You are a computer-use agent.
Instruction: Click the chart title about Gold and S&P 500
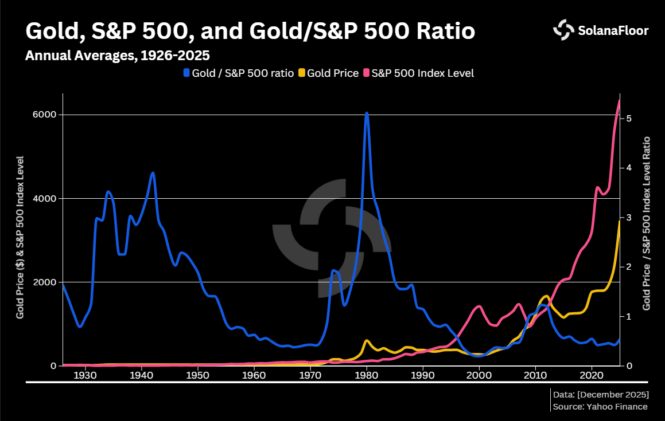[x=250, y=31]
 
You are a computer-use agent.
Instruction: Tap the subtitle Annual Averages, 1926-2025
[x=117, y=56]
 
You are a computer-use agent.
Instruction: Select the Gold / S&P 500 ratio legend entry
[x=238, y=73]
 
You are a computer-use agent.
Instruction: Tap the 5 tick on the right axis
[x=629, y=118]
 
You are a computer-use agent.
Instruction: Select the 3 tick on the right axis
[x=629, y=218]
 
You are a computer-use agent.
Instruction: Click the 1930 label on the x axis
[x=85, y=376]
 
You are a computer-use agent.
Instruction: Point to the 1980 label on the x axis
[x=367, y=376]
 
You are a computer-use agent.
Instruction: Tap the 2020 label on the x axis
[x=592, y=376]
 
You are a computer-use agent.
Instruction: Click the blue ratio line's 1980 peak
[x=367, y=113]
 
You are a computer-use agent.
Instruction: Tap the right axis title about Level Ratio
[x=647, y=223]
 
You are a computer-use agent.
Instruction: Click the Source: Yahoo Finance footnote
[x=600, y=407]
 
